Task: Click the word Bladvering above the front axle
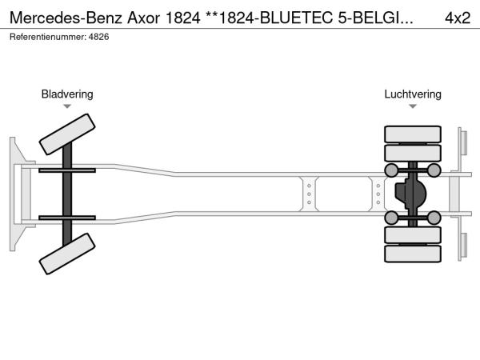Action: pyautogui.click(x=67, y=94)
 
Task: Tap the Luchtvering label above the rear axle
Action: pyautogui.click(x=413, y=94)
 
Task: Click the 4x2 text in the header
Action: pyautogui.click(x=458, y=18)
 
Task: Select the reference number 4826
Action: pyautogui.click(x=98, y=37)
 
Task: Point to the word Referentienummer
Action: pyautogui.click(x=48, y=37)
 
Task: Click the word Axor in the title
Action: pyautogui.click(x=143, y=18)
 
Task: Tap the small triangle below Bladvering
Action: pyautogui.click(x=67, y=106)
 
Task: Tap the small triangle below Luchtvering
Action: pyautogui.click(x=413, y=106)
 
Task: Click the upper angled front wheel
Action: pyautogui.click(x=67, y=134)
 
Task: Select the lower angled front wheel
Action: pyautogui.click(x=67, y=254)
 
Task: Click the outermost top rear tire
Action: pyautogui.click(x=413, y=134)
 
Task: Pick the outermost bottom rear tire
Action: pyautogui.click(x=413, y=254)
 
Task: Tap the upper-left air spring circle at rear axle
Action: pyautogui.click(x=391, y=170)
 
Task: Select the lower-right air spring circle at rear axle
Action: pyautogui.click(x=434, y=218)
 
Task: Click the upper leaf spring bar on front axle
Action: pyautogui.click(x=67, y=170)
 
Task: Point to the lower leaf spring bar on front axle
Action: pyautogui.click(x=67, y=218)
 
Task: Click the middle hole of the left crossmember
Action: pyautogui.click(x=309, y=194)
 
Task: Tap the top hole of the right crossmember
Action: pyautogui.click(x=378, y=186)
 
